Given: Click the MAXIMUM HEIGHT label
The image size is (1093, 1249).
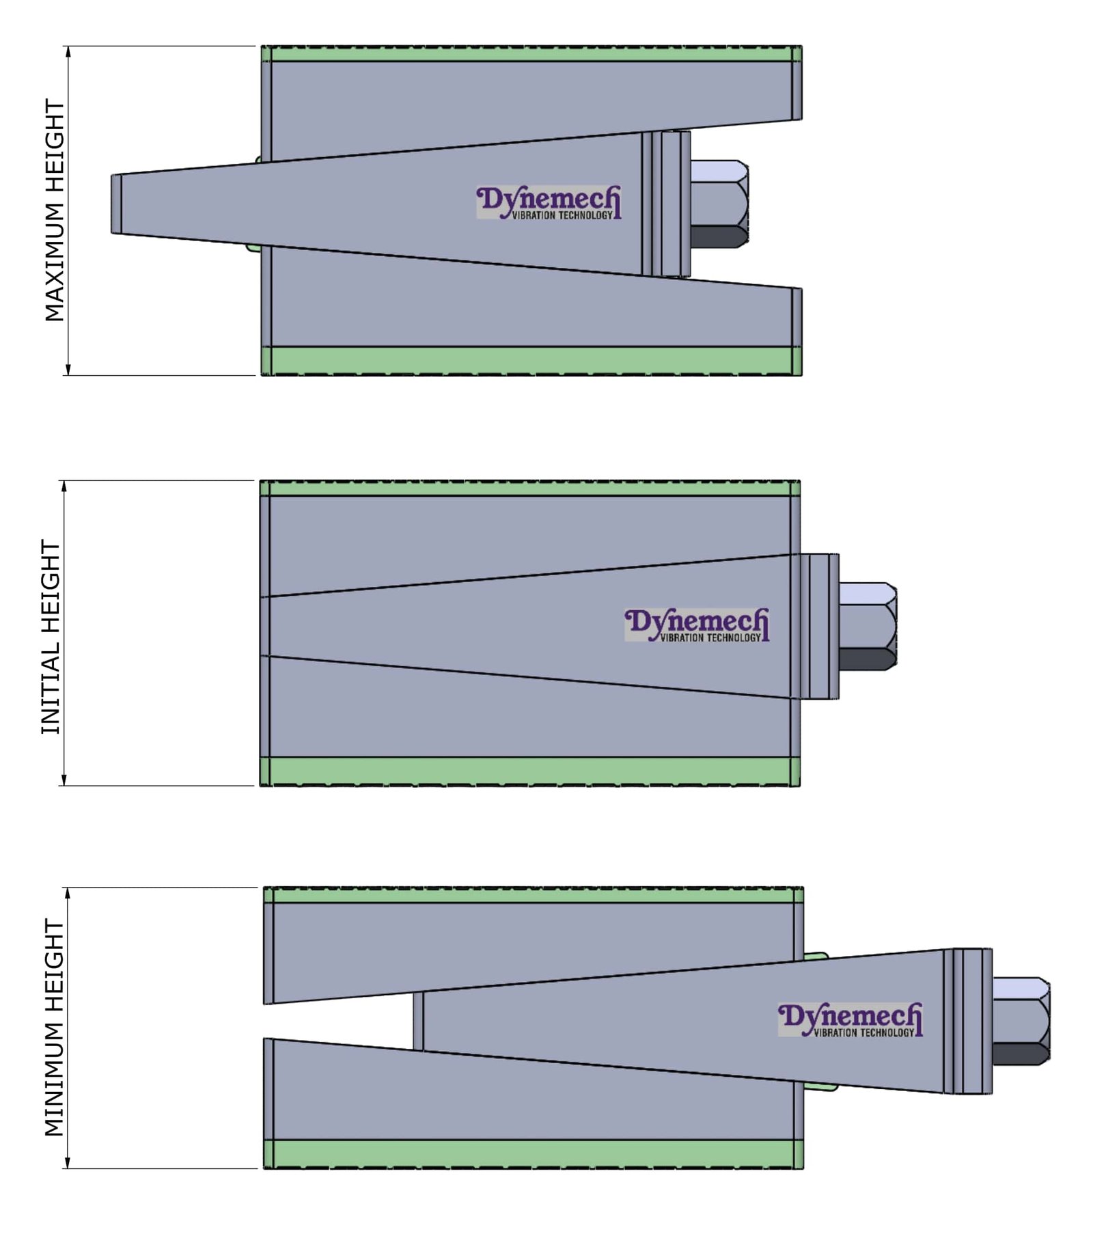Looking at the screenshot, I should [x=54, y=210].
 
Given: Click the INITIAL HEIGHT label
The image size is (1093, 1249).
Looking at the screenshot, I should [x=51, y=637].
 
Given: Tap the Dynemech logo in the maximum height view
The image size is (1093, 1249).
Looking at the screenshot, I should [x=549, y=203].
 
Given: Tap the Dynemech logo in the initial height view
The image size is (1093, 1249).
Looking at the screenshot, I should [x=696, y=625].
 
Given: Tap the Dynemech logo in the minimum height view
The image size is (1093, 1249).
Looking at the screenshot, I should [x=850, y=1020].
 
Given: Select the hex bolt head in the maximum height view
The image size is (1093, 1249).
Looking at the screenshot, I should [x=718, y=204].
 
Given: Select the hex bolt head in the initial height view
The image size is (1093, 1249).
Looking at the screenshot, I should [x=867, y=626].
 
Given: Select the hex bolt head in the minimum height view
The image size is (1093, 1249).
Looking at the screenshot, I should [x=1021, y=1021].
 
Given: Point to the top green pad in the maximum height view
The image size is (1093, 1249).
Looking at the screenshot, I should [x=531, y=54].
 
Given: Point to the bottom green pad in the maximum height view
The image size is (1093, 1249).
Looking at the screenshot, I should [x=531, y=361].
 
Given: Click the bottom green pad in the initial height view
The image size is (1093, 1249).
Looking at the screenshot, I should [x=529, y=771].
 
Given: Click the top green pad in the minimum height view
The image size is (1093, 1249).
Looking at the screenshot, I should [x=533, y=895].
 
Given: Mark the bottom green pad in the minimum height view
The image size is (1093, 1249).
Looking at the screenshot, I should [x=533, y=1154].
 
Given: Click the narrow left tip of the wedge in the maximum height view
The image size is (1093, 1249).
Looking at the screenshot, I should [x=117, y=204].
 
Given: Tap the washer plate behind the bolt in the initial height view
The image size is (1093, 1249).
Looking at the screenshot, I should [x=819, y=626].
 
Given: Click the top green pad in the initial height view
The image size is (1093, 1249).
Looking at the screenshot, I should [x=529, y=488].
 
